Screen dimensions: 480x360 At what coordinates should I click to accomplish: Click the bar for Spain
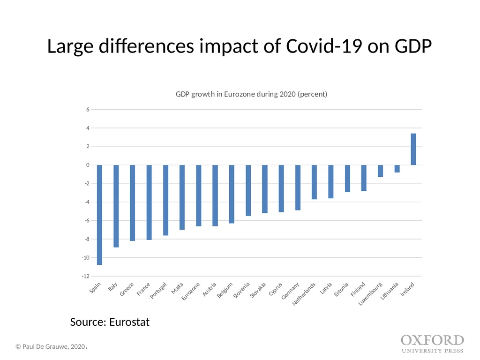click(99, 215)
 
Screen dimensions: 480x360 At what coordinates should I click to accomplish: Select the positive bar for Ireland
click(413, 150)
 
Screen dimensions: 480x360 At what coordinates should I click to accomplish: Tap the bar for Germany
click(298, 187)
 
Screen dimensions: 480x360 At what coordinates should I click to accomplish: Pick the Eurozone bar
click(199, 195)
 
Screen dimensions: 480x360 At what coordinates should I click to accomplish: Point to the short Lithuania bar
click(397, 169)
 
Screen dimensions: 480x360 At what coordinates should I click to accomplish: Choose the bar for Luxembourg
click(381, 171)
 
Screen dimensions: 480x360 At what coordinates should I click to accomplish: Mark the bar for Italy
click(116, 206)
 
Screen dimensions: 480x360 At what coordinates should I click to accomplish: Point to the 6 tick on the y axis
click(88, 109)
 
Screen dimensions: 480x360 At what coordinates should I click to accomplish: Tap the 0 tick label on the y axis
click(88, 165)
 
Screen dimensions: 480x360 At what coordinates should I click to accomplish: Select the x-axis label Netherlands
click(304, 294)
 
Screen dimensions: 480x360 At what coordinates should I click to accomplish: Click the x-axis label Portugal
click(158, 290)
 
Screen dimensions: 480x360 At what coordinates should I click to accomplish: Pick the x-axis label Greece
click(127, 289)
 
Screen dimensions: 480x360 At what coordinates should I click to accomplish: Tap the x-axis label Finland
click(358, 289)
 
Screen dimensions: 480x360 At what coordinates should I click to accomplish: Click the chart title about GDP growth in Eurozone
click(251, 94)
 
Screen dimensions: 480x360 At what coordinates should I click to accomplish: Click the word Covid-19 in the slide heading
click(324, 46)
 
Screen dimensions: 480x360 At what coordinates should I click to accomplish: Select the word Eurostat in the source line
click(129, 322)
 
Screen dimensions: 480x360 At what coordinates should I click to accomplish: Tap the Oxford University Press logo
click(433, 344)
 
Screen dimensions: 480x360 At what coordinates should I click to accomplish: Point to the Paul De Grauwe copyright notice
click(52, 346)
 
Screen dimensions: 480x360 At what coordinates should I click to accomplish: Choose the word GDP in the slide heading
click(413, 46)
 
